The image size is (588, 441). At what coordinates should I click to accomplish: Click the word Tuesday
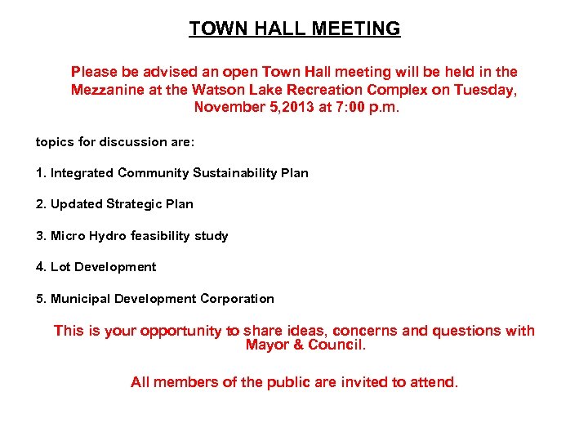[x=487, y=90]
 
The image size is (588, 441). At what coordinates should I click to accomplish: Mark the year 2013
[x=310, y=107]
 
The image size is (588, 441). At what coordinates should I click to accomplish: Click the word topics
[x=54, y=142]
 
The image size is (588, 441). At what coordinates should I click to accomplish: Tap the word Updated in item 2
[x=76, y=204]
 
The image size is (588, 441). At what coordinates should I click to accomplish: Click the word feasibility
[x=161, y=236]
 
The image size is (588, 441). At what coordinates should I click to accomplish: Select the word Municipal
[x=80, y=299]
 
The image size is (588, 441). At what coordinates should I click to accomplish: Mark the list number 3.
[x=41, y=236]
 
